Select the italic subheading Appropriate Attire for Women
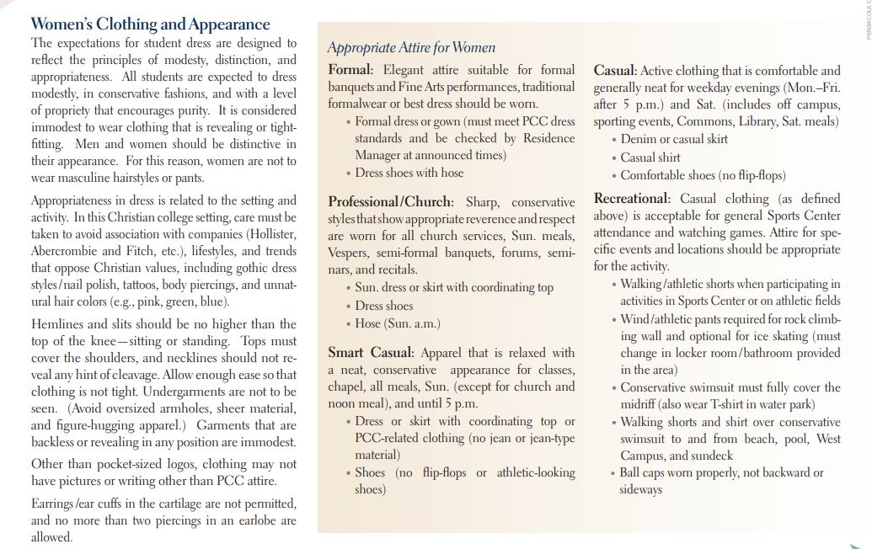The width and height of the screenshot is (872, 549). click(411, 48)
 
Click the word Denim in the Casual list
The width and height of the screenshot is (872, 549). click(639, 139)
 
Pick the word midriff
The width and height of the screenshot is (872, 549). click(640, 404)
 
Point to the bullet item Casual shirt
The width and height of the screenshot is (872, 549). click(650, 157)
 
